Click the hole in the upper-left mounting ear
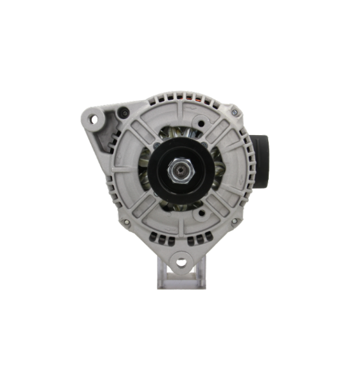click(96, 118)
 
